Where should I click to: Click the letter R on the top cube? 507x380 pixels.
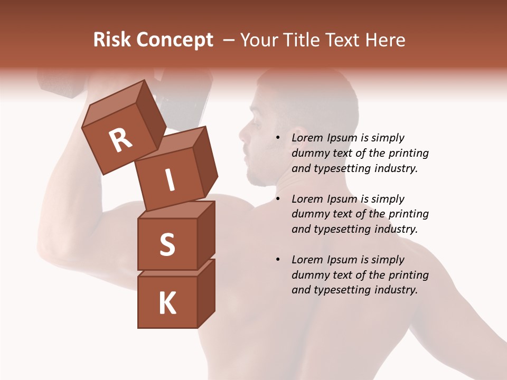(120, 140)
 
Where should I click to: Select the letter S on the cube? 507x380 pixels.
(167, 244)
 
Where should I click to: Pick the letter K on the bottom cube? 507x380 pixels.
(167, 303)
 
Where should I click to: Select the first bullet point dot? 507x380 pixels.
(278, 138)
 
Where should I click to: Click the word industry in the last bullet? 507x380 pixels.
(396, 290)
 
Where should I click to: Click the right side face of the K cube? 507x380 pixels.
(206, 293)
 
